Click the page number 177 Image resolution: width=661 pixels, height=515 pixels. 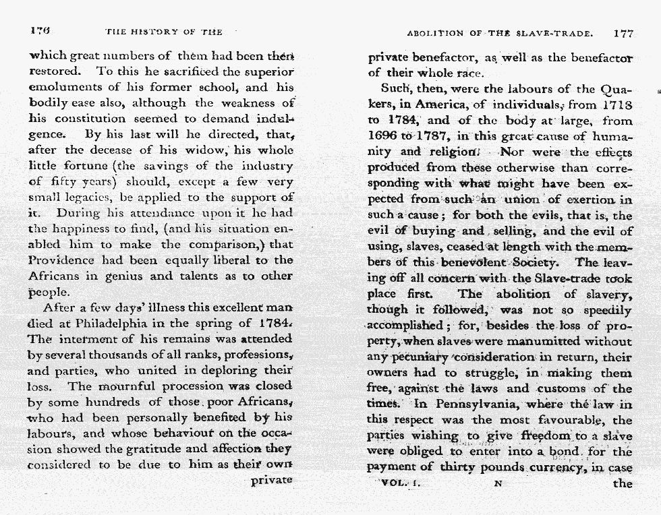pos(623,32)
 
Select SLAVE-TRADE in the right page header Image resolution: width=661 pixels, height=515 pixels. pos(554,32)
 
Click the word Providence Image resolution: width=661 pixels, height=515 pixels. pos(60,260)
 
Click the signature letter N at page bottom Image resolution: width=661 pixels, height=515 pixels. pos(498,483)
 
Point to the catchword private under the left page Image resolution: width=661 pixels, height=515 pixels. pos(272,481)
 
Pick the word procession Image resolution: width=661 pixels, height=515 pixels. pos(171,386)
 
